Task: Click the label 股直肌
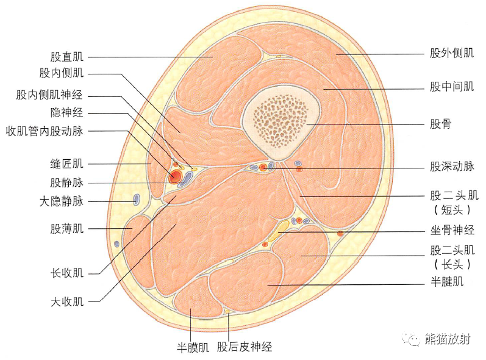coord(67,57)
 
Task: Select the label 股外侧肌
coord(451,53)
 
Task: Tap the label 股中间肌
coord(451,87)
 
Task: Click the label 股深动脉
coord(451,166)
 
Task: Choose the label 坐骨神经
coord(451,230)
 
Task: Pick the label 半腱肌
coord(446,281)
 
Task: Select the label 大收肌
coord(68,301)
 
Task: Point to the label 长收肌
coord(68,273)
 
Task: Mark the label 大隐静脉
coord(61,201)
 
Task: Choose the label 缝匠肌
coord(67,164)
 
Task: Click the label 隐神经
coord(67,113)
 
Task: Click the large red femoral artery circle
coord(176,177)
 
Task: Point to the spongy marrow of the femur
coord(281,116)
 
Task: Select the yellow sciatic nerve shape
coord(282,228)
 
